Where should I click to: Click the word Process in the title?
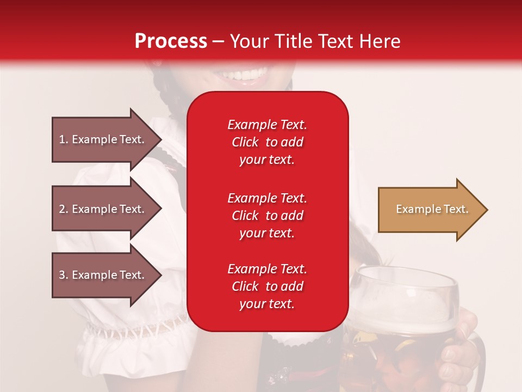171,41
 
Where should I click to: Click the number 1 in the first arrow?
62,139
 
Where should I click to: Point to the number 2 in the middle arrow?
62,209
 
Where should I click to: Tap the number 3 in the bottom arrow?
62,275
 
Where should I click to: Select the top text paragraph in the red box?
267,142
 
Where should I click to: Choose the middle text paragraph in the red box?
267,216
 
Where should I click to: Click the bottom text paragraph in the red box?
267,286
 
